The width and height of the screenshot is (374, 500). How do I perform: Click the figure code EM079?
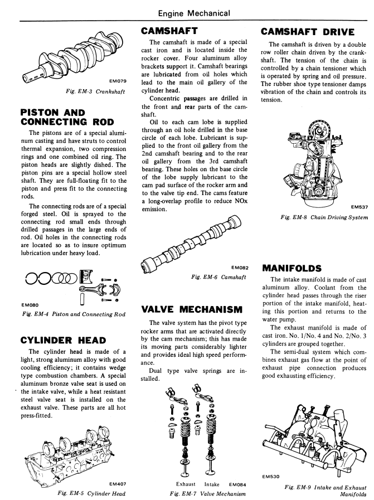click(118, 81)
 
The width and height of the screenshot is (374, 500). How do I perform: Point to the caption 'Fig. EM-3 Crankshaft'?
click(93, 91)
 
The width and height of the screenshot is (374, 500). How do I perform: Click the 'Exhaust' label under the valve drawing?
click(185, 483)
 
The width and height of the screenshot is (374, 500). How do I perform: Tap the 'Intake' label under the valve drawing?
click(212, 483)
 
